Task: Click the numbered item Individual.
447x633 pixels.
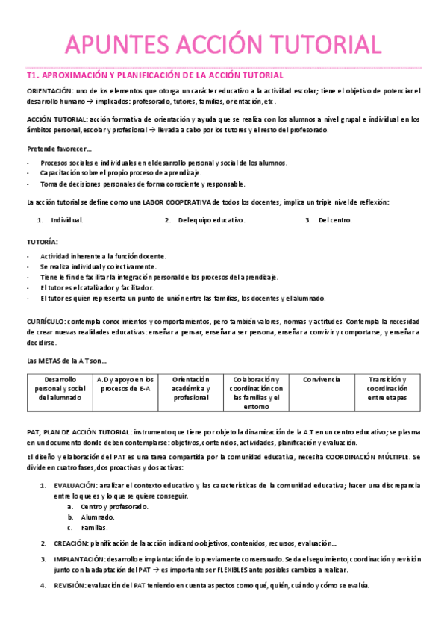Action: pos(67,221)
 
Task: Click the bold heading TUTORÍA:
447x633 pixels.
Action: pos(42,242)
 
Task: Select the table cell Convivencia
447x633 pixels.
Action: pos(322,380)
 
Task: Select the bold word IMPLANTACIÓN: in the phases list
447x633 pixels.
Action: pos(79,558)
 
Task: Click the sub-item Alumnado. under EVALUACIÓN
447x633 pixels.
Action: pos(97,517)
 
